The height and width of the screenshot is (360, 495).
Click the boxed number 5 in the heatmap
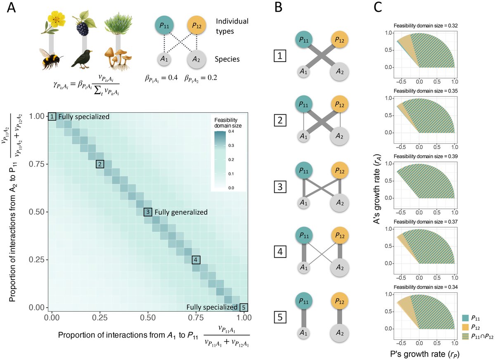pos(244,307)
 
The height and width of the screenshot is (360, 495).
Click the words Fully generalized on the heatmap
pos(181,212)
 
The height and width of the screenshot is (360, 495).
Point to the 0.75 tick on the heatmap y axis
pos(38,164)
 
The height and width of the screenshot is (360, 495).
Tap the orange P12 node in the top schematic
pos(196,26)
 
